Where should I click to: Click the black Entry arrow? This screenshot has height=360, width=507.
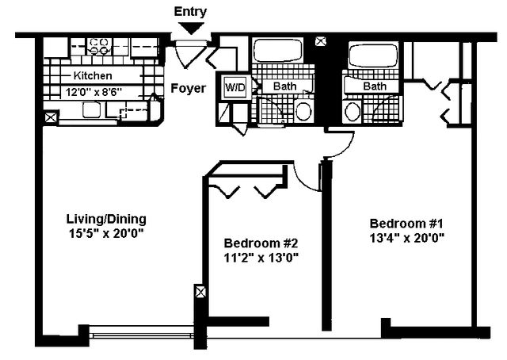pos(191,29)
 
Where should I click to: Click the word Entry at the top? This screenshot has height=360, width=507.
pos(190,12)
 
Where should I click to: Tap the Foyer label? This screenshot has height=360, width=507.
pos(189,88)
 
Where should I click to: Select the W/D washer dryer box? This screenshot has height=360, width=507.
pos(235,86)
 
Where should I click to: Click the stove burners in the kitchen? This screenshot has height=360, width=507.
pos(99,46)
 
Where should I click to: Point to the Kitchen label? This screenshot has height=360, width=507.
pos(93,76)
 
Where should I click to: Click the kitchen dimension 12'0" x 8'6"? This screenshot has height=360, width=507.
pos(93,92)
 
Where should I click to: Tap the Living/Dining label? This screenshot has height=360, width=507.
pos(106,219)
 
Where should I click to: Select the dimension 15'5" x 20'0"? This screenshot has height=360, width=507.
pos(106,233)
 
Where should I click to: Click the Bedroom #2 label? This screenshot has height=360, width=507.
pos(261,243)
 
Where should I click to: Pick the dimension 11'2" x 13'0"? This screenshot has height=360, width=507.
pos(261,258)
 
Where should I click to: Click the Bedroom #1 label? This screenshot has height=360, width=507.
pos(406,224)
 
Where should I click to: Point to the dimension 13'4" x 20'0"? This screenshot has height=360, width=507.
pos(406,238)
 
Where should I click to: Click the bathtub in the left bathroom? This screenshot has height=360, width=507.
pos(278,51)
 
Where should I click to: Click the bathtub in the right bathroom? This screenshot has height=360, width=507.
pos(373,55)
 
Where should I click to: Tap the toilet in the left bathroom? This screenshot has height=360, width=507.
pos(303,111)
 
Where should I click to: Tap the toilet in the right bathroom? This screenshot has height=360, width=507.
pos(353,111)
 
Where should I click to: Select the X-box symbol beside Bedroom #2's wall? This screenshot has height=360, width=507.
pos(200,293)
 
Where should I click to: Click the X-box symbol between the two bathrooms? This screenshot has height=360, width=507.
pos(320,41)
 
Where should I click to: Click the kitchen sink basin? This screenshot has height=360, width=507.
pos(91,109)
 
